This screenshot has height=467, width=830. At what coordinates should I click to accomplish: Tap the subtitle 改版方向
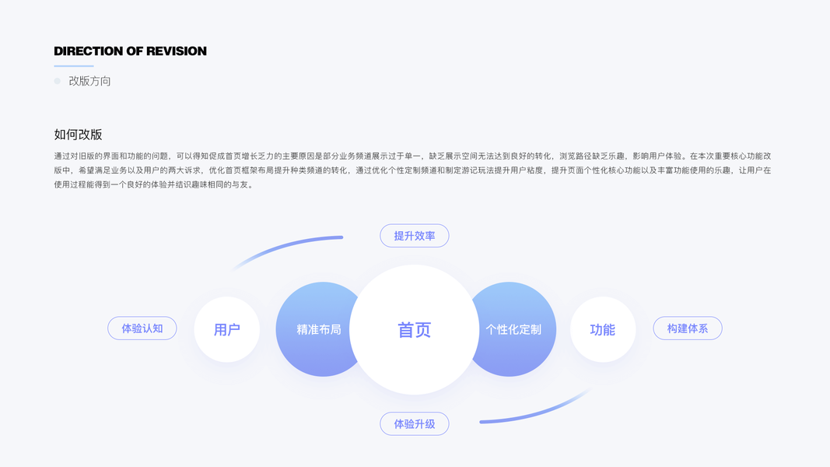pos(89,81)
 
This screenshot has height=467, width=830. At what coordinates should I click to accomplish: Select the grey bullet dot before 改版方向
pos(57,81)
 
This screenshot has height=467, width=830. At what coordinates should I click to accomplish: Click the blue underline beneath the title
pos(73,66)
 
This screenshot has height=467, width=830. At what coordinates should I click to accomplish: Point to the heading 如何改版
pos(78,134)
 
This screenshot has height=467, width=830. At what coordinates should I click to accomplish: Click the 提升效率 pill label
pos(414,236)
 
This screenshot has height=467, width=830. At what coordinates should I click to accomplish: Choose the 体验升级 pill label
pos(414,424)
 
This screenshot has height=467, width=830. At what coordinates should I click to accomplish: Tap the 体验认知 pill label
pos(142,328)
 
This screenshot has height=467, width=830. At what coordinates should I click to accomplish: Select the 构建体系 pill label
pos(687,328)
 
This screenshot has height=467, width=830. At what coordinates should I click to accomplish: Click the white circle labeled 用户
pos(226,329)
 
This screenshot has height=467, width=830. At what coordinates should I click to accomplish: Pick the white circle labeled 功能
pos(603,329)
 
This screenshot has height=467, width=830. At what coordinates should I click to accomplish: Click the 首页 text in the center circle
pos(414,330)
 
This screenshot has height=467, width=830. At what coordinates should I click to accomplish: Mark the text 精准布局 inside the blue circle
pos(319,329)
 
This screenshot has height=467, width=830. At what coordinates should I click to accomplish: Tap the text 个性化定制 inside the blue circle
pos(513,329)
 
